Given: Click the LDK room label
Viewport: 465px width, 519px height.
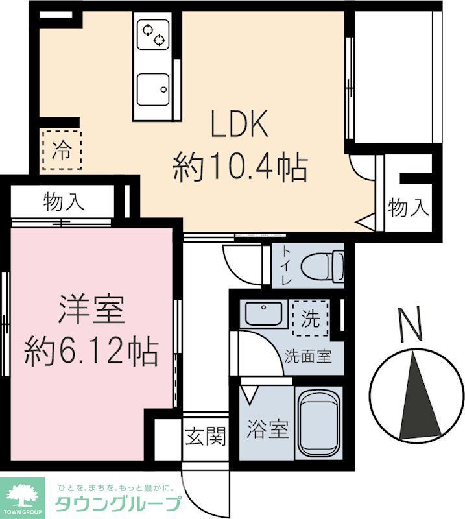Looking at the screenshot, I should point(239,125).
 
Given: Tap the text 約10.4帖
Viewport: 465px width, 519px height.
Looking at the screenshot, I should point(239,168).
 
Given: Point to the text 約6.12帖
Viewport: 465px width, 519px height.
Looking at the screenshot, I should point(91,352).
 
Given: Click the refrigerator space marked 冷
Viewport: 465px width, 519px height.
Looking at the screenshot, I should point(62,151).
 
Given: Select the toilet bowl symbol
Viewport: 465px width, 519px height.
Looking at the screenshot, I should point(324,265).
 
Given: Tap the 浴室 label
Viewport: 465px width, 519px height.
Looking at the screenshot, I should point(267,429).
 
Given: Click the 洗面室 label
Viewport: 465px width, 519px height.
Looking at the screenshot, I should point(309,356).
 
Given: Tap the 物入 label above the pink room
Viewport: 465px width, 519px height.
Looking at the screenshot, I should point(64,202).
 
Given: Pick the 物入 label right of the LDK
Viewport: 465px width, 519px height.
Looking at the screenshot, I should point(409,208).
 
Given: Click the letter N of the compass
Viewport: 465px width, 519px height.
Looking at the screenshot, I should point(409,324).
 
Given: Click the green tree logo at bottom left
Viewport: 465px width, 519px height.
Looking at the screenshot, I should point(23,495).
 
